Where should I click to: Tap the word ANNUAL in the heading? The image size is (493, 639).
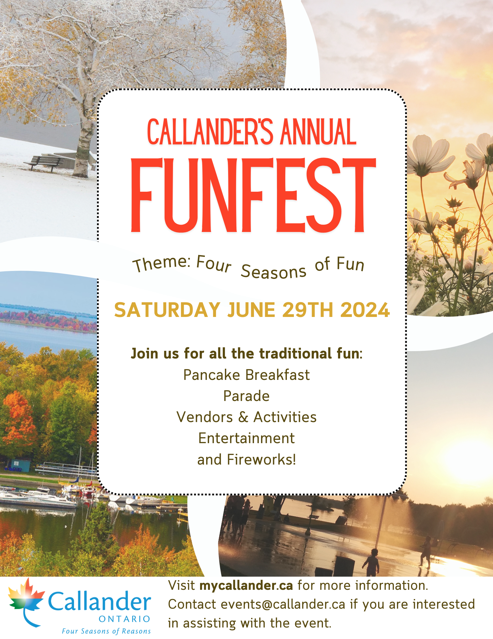tap(318, 132)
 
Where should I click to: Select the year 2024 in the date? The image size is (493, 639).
tap(365, 310)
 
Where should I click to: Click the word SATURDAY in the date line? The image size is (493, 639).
tap(167, 310)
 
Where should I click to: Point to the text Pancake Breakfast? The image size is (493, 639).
tap(246, 375)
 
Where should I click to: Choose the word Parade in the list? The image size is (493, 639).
tap(246, 396)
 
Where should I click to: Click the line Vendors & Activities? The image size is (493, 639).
tap(246, 417)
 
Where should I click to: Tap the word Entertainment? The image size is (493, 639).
tap(246, 438)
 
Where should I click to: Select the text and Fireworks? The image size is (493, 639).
tap(246, 459)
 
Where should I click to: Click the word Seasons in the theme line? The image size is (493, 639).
tap(273, 272)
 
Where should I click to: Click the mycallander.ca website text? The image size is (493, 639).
tap(246, 586)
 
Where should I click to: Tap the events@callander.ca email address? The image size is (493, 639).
tap(283, 604)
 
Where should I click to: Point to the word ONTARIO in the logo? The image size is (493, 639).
tap(124, 619)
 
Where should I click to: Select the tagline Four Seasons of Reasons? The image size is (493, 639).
tap(106, 631)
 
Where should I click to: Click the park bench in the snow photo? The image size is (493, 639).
tap(43, 162)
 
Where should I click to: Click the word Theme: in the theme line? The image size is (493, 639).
tap(162, 264)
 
